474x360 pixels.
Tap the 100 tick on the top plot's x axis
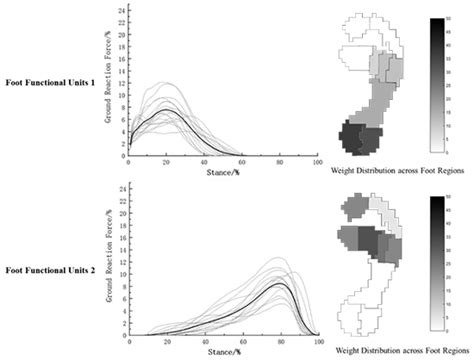(x=317, y=162)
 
